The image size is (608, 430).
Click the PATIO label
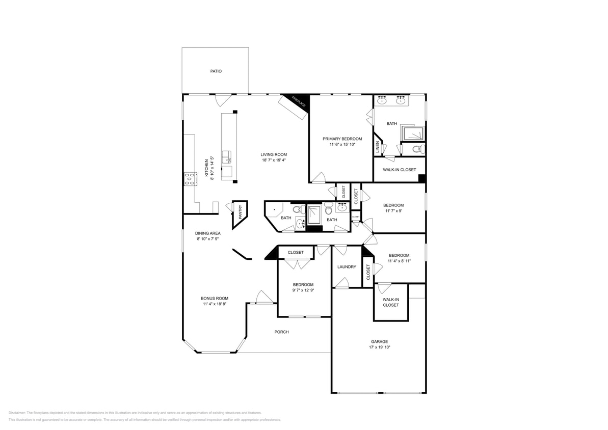pyautogui.click(x=216, y=71)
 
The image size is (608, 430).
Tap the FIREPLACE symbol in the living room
pyautogui.click(x=299, y=101)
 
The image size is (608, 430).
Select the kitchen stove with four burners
pyautogui.click(x=190, y=179)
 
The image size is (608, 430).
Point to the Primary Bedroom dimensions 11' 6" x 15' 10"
pyautogui.click(x=342, y=145)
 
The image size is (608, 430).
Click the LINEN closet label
pyautogui.click(x=377, y=147)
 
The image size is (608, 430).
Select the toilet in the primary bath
pyautogui.click(x=417, y=149)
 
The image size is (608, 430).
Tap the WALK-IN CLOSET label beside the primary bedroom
pyautogui.click(x=399, y=170)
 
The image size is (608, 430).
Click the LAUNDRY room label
pyautogui.click(x=347, y=267)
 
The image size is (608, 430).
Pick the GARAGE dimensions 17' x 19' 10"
pyautogui.click(x=379, y=347)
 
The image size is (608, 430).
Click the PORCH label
pyautogui.click(x=281, y=332)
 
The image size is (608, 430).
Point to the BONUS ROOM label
pyautogui.click(x=215, y=299)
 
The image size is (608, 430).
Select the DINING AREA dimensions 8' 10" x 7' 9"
pyautogui.click(x=207, y=239)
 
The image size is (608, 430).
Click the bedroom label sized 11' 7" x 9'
pyautogui.click(x=393, y=205)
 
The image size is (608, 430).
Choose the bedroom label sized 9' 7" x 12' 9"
pyautogui.click(x=303, y=285)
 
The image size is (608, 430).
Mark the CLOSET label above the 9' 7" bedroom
pyautogui.click(x=296, y=253)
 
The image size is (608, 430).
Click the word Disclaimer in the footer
pyautogui.click(x=17, y=413)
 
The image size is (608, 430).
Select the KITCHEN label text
pyautogui.click(x=206, y=168)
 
